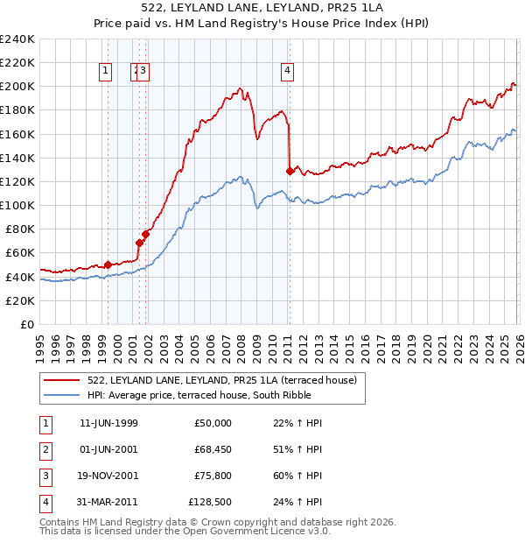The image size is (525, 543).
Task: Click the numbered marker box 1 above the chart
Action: coord(105,72)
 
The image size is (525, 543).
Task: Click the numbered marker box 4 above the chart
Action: coord(287,72)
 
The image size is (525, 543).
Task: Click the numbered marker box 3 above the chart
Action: coord(143,72)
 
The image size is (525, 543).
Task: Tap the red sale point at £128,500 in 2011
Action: coord(290,171)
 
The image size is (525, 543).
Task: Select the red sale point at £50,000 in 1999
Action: coord(108,264)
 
